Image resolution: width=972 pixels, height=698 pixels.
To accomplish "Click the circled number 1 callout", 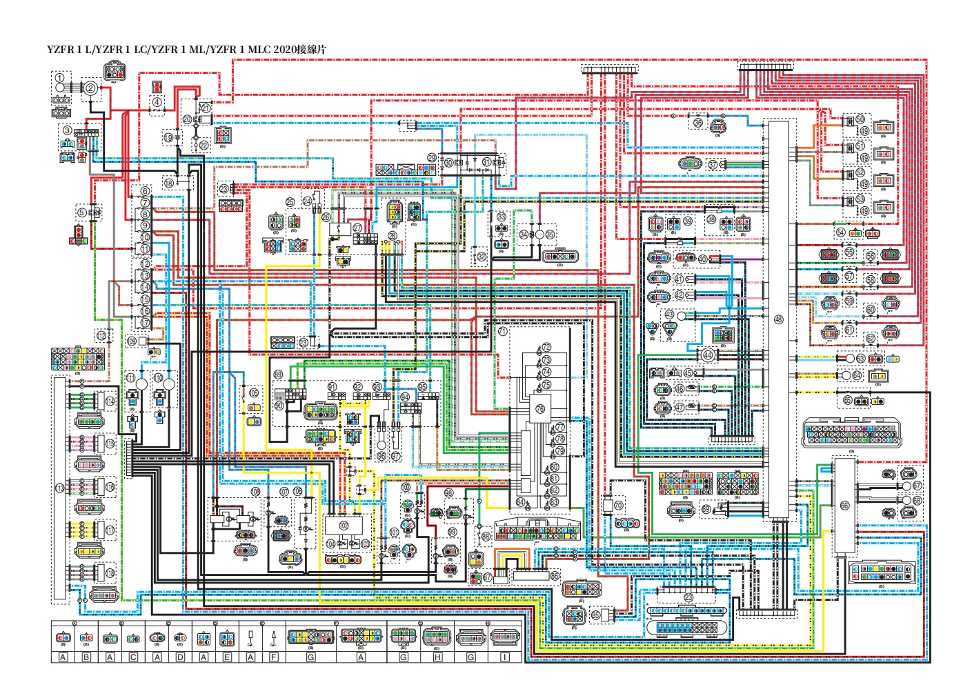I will click(x=60, y=78).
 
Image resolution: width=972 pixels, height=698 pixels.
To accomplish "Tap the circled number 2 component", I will click(x=90, y=87).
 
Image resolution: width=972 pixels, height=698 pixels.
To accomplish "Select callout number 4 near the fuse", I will click(x=157, y=102).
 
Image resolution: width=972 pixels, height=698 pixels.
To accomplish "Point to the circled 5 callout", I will click(x=82, y=213).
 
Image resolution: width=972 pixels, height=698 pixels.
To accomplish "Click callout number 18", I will click(x=169, y=183).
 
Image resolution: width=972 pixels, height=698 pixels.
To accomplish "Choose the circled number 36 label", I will click(x=698, y=123).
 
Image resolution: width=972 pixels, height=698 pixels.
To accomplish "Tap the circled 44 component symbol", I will click(x=708, y=355).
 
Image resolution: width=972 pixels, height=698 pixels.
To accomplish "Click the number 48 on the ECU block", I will click(x=779, y=319).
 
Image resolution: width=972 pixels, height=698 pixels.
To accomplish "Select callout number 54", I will click(x=840, y=232).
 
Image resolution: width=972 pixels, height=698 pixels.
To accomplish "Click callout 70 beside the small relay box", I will click(x=618, y=506).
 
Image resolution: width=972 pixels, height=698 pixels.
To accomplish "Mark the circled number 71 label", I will click(x=502, y=331).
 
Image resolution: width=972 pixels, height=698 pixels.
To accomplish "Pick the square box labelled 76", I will click(x=539, y=408).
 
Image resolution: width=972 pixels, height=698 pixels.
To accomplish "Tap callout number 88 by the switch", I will click(x=486, y=536).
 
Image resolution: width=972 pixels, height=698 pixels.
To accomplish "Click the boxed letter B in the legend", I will click(x=86, y=657).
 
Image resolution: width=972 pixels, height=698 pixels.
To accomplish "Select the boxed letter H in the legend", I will click(x=437, y=657).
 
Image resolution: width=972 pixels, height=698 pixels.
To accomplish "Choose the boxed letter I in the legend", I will click(x=505, y=657).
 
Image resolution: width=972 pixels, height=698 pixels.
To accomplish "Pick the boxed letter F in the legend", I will click(x=274, y=657).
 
